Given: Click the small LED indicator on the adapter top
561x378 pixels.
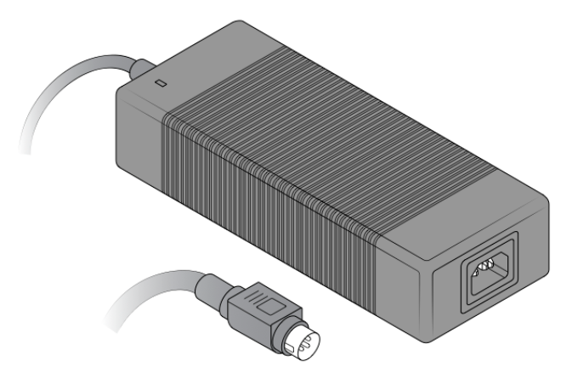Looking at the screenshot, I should pos(160,83).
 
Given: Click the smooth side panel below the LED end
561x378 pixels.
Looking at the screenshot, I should pos(136,136).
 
